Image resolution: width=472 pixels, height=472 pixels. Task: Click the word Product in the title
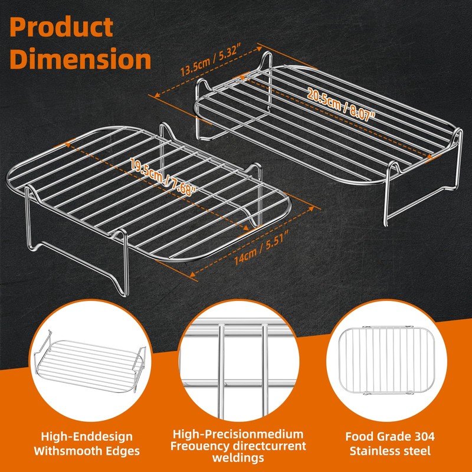(61, 27)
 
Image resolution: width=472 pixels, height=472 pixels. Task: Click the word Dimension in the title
(80, 58)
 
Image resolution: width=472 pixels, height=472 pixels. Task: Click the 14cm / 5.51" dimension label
(261, 247)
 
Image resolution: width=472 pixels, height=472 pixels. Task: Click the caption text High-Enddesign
(87, 437)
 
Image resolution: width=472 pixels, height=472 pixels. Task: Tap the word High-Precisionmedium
(238, 434)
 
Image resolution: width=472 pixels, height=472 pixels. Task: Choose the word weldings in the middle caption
(238, 458)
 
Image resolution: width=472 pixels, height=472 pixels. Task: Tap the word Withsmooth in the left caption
(68, 451)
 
